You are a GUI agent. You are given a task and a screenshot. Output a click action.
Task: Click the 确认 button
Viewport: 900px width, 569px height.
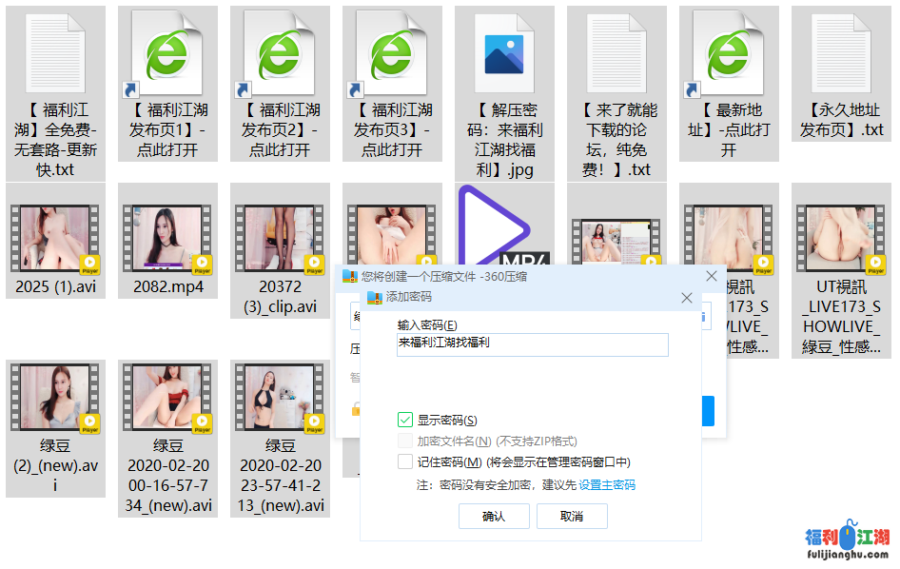(x=494, y=516)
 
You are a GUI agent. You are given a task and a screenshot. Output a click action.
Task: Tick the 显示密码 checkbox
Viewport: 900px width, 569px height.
(x=405, y=420)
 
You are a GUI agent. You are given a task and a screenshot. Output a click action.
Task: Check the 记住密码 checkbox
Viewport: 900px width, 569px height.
(x=405, y=461)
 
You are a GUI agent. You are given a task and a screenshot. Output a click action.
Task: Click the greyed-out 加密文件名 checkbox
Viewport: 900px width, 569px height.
(x=405, y=441)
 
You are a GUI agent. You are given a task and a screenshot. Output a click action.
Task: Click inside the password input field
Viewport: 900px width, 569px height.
(x=533, y=344)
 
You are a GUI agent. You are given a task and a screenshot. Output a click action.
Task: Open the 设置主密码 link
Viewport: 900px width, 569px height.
(x=607, y=485)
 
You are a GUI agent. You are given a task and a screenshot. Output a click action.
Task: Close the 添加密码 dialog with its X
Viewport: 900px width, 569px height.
(x=687, y=298)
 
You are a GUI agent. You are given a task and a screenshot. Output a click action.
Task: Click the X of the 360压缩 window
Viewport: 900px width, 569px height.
(x=711, y=276)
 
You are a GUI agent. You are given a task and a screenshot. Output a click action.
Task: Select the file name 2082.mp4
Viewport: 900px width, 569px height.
(x=168, y=286)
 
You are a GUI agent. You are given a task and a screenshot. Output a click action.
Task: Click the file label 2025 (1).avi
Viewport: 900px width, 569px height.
(x=56, y=286)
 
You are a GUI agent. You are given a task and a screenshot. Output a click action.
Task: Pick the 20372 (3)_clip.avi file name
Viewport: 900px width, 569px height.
(x=281, y=297)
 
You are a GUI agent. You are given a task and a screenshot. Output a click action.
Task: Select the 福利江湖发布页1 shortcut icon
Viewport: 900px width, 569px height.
(x=168, y=52)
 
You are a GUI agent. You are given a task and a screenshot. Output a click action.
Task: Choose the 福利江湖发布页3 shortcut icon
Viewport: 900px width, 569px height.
(x=393, y=52)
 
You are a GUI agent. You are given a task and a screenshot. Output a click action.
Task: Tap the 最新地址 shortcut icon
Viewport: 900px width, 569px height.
(x=729, y=52)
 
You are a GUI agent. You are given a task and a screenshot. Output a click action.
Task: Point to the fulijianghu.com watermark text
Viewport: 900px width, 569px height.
(x=847, y=554)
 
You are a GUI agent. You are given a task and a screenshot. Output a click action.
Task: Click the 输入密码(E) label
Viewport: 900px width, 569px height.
(x=427, y=324)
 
